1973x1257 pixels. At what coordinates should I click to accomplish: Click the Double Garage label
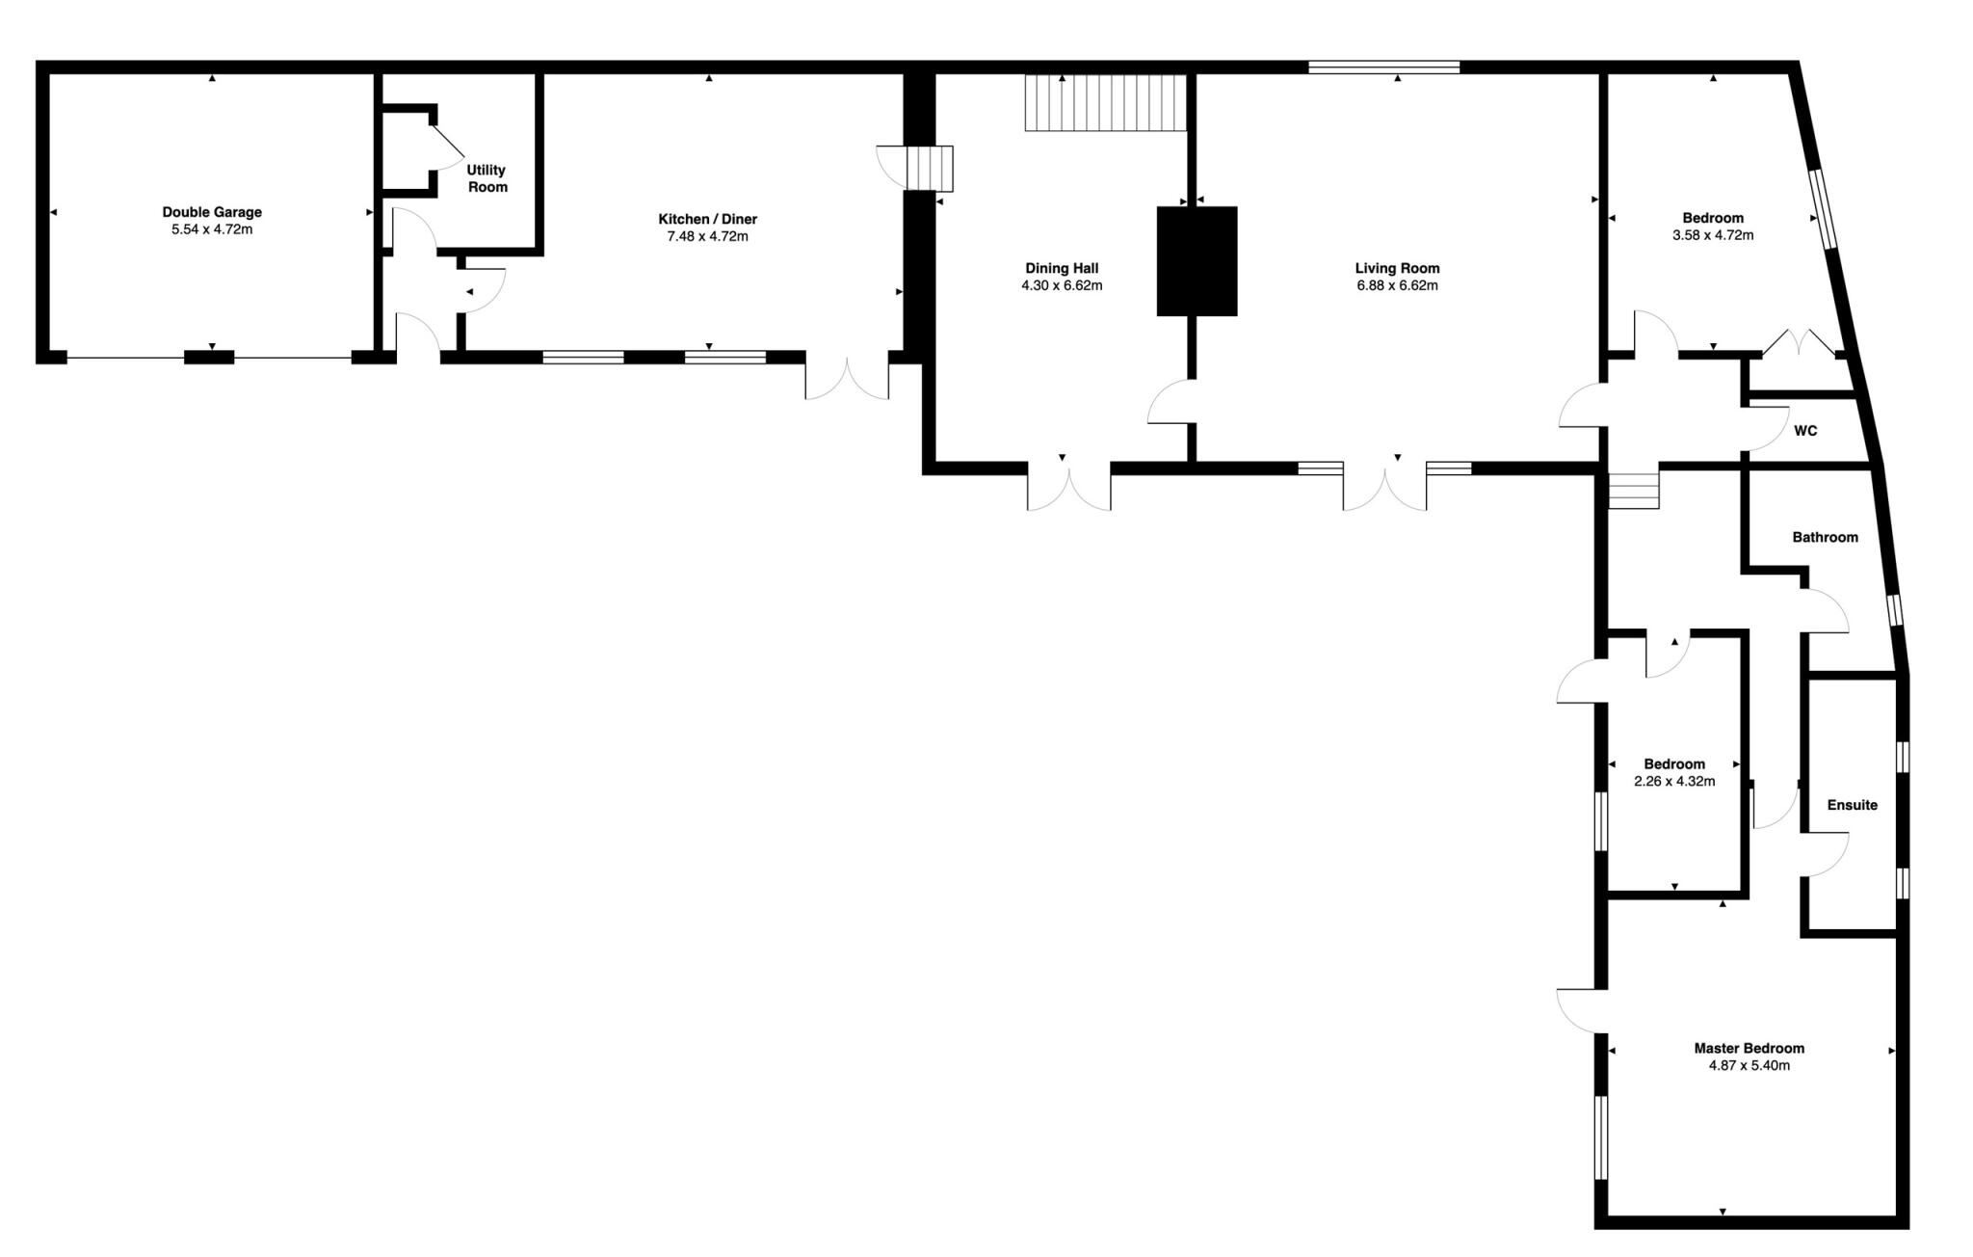(x=212, y=212)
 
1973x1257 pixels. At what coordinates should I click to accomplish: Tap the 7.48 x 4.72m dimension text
(x=707, y=236)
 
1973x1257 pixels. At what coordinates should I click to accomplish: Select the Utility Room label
(x=487, y=178)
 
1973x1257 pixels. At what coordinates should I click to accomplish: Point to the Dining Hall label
(x=1062, y=269)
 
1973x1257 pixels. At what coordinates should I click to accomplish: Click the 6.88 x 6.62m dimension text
(x=1397, y=285)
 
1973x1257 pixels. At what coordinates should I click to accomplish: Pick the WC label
(x=1805, y=431)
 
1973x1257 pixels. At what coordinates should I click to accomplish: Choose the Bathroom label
(x=1825, y=537)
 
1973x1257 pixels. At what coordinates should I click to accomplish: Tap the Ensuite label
(x=1852, y=805)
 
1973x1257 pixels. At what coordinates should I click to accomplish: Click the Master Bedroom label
(x=1749, y=1048)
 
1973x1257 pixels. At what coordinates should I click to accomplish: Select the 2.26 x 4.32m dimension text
(x=1674, y=782)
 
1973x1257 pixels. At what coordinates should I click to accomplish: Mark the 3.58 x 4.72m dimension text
(x=1713, y=235)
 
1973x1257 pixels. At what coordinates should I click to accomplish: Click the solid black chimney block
(x=1197, y=261)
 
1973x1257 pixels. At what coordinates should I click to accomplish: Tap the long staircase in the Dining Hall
(x=1104, y=102)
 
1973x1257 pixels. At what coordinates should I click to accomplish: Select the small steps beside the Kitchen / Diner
(x=930, y=169)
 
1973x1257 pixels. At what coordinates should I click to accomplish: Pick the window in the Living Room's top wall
(x=1383, y=67)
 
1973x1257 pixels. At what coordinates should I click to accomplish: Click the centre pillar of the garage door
(x=209, y=358)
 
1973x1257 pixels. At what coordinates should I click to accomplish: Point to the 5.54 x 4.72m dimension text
(x=212, y=229)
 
